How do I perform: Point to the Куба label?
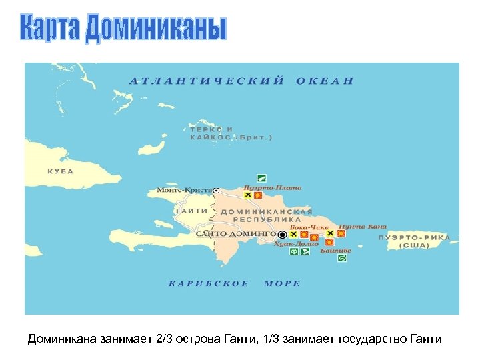tap(60, 171)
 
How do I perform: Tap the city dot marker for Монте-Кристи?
tap(216, 190)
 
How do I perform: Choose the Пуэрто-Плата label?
tap(272, 187)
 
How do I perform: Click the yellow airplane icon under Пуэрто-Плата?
tap(248, 196)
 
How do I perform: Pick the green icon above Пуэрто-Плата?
tap(262, 178)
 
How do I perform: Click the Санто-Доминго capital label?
tap(236, 235)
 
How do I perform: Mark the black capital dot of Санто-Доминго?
tap(283, 235)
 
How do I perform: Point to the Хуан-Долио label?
tap(292, 245)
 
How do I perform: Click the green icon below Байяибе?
tap(342, 258)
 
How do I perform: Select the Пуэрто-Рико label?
tap(414, 241)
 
